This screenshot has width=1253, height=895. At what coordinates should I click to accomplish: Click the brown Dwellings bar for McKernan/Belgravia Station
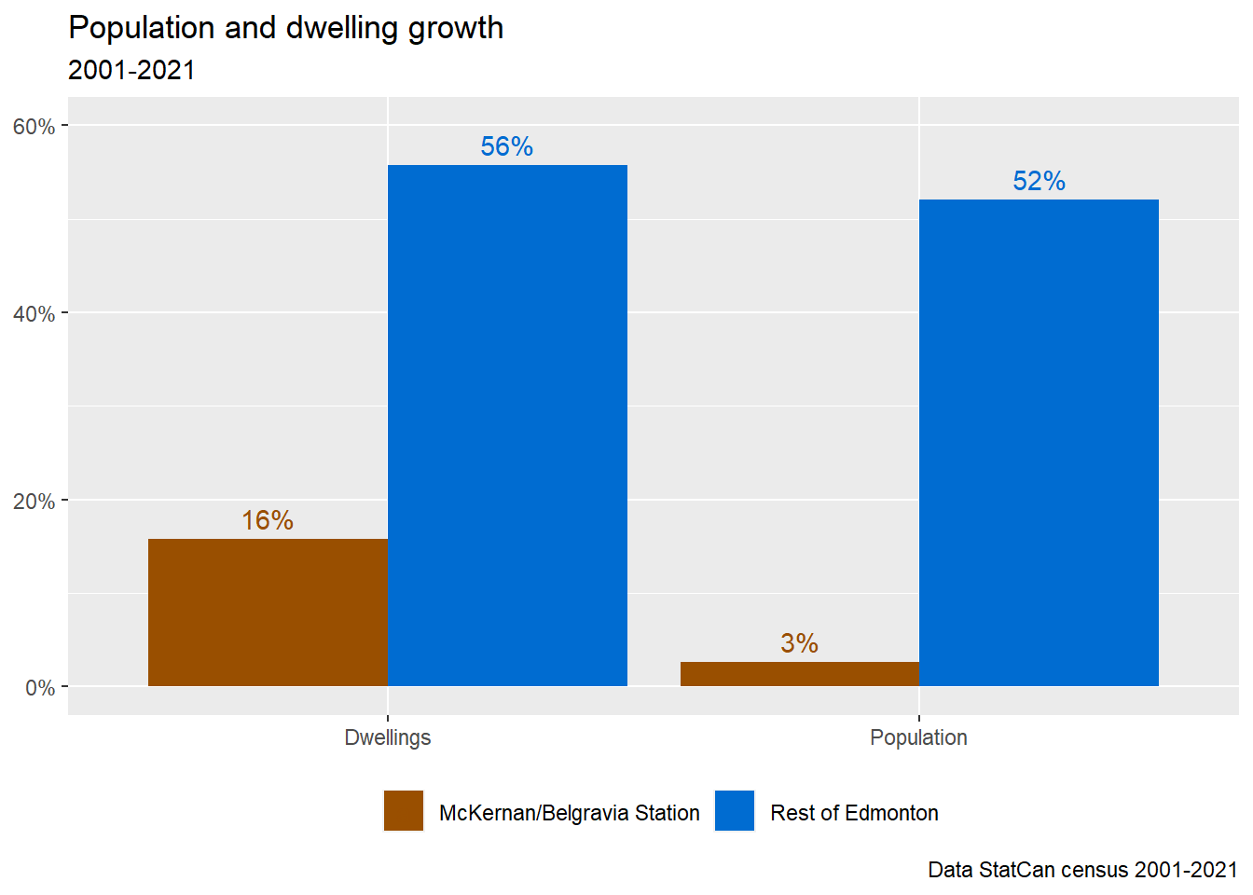268,613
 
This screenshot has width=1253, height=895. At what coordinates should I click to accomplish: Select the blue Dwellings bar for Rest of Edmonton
507,425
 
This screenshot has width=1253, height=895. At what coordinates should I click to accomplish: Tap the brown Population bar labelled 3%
799,674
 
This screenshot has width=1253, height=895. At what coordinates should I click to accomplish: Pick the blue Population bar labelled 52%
1039,443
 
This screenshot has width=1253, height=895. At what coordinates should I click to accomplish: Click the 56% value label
507,146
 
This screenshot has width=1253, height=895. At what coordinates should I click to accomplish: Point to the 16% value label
268,520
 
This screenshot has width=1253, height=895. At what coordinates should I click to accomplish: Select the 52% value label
1039,181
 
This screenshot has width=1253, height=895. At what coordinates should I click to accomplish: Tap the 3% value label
799,643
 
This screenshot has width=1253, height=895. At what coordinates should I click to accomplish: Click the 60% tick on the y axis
34,127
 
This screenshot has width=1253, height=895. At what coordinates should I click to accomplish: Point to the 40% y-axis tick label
34,314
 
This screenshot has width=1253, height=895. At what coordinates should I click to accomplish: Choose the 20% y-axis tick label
34,502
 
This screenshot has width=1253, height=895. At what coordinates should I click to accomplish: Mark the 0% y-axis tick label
39,688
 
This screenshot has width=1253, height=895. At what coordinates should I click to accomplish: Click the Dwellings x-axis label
388,737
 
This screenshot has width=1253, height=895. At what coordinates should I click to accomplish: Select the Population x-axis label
918,737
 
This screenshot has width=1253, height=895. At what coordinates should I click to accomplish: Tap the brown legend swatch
404,811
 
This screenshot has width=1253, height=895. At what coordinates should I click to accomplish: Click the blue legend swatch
735,811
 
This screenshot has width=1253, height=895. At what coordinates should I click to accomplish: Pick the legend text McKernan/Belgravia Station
569,813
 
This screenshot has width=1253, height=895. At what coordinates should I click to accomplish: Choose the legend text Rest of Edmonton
854,813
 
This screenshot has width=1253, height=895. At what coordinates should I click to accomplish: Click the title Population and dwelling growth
286,28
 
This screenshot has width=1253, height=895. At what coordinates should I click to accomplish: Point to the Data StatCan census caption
1082,870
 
